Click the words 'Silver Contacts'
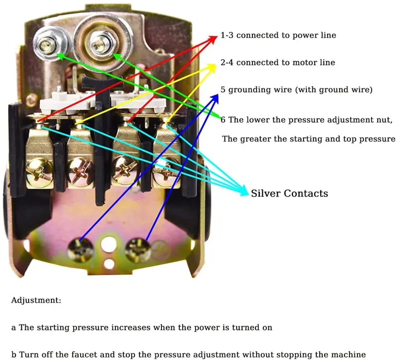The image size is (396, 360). (290, 193)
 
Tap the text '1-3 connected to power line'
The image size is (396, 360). (279, 36)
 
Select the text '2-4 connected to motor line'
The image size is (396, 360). (278, 62)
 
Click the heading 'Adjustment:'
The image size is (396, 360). (36, 301)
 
